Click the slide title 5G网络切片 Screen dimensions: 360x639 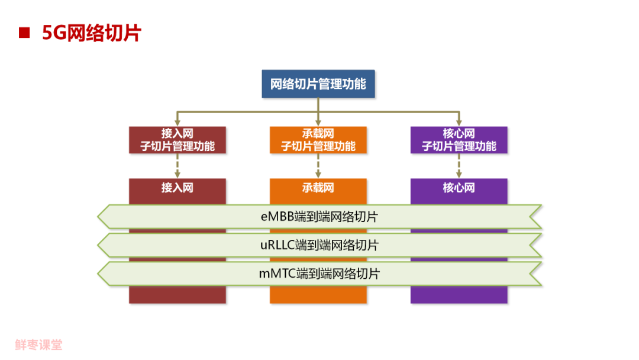[x=92, y=33]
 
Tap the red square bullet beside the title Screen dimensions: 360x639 [x=24, y=33]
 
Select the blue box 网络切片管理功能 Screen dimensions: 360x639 [x=318, y=84]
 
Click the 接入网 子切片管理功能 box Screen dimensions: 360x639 [x=177, y=140]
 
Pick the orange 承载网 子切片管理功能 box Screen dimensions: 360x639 [x=318, y=140]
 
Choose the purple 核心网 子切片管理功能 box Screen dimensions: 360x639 [x=459, y=140]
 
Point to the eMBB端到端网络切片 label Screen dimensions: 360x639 [x=319, y=217]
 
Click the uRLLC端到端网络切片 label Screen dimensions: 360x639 [x=319, y=245]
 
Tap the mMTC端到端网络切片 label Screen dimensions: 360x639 [x=319, y=274]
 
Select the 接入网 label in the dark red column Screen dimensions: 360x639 [x=177, y=188]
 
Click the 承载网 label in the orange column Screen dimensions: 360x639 [x=318, y=188]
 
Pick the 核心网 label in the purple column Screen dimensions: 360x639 [x=459, y=188]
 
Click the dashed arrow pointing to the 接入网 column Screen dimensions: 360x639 [x=177, y=166]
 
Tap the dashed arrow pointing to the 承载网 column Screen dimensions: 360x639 [x=318, y=166]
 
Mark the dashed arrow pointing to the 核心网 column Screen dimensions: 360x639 [x=459, y=166]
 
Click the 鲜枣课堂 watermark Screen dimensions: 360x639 [x=38, y=345]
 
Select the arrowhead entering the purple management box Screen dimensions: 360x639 [x=459, y=123]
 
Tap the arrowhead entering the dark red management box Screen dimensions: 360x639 [x=177, y=123]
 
